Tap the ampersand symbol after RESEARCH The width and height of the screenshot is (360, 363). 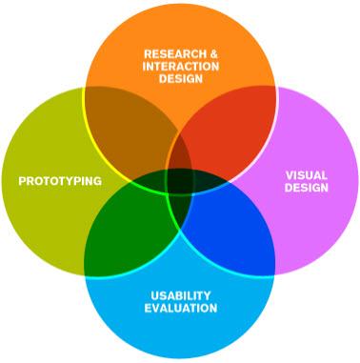(213, 54)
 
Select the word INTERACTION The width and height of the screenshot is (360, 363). (181, 67)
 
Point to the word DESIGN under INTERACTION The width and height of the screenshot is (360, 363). (181, 78)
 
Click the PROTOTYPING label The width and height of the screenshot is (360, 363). (60, 181)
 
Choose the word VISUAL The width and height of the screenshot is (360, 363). (307, 175)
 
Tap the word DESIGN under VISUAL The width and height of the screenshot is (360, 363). (307, 188)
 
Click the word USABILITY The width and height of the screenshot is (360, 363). (181, 295)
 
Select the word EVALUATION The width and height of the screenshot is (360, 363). (181, 308)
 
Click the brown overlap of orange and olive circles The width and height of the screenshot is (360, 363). (127, 131)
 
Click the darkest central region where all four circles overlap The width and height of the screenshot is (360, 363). (180, 181)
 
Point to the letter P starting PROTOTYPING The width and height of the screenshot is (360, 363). (22, 181)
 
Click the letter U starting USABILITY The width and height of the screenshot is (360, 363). (154, 295)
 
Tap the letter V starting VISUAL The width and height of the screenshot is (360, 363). (290, 175)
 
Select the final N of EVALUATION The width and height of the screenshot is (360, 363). (213, 308)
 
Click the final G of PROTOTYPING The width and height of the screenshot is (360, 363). (98, 181)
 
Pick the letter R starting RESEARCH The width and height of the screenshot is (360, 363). (148, 54)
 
